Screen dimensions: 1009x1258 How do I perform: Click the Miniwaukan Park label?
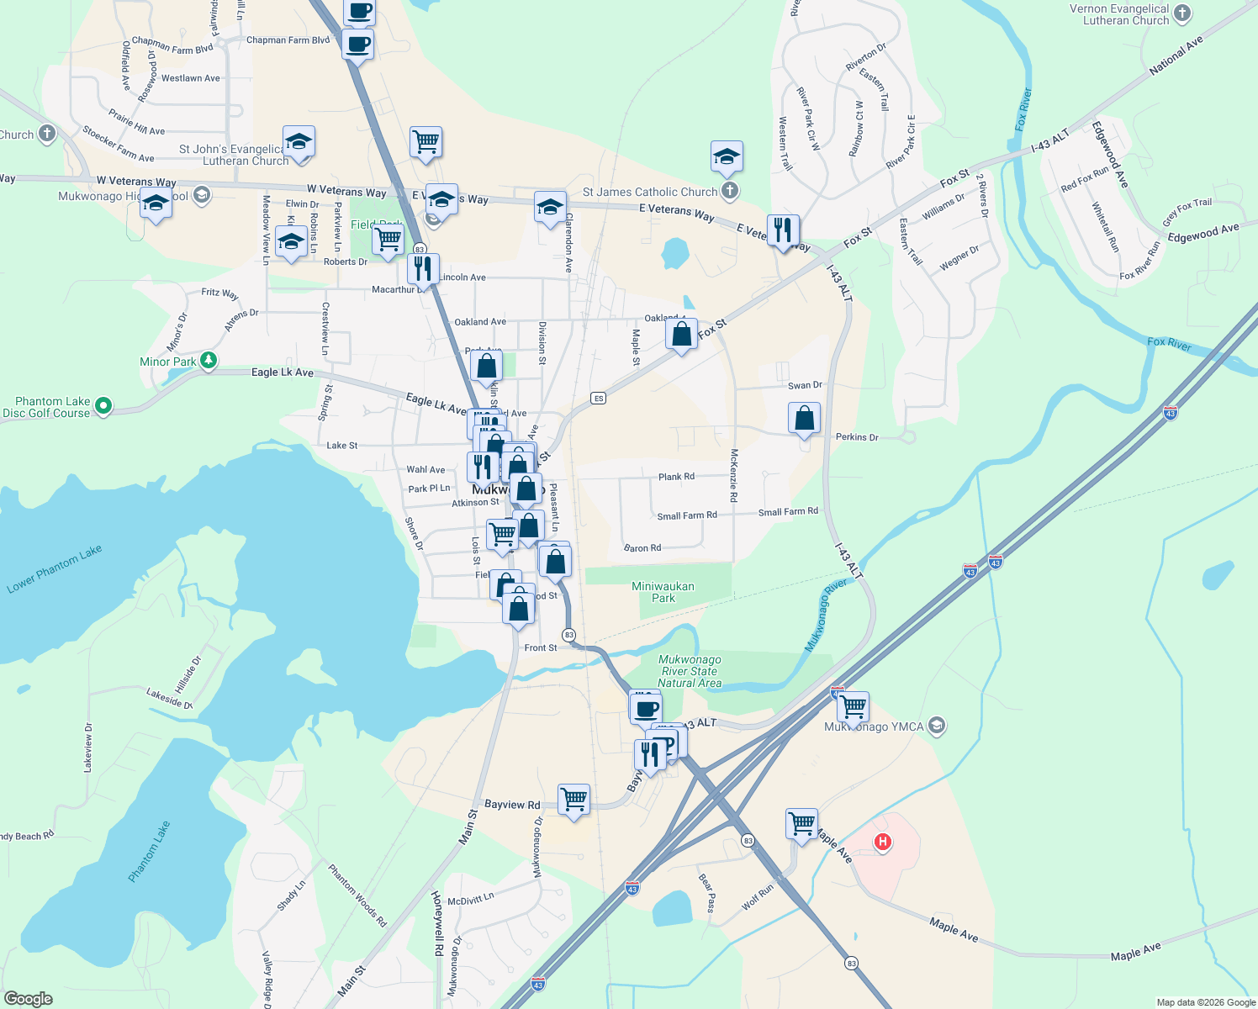pyautogui.click(x=663, y=592)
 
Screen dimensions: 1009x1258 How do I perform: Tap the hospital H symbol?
pyautogui.click(x=882, y=842)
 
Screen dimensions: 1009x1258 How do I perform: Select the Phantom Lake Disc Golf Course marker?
pyautogui.click(x=103, y=407)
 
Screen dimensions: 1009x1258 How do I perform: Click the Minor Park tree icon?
pyautogui.click(x=209, y=362)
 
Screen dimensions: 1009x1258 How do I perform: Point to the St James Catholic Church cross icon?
pyautogui.click(x=730, y=191)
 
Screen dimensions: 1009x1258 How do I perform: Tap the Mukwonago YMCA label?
pyautogui.click(x=874, y=726)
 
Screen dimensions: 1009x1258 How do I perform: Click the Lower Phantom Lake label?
pyautogui.click(x=55, y=569)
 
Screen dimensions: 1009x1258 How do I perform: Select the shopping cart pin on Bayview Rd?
pyautogui.click(x=573, y=799)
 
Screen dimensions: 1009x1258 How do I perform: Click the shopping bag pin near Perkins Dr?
pyautogui.click(x=804, y=418)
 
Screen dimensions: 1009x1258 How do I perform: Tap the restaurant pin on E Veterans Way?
pyautogui.click(x=782, y=230)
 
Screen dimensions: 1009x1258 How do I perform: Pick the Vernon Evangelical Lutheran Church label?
pyautogui.click(x=1119, y=14)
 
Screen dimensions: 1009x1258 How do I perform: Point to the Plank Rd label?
pyautogui.click(x=676, y=477)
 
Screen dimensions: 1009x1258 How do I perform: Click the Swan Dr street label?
pyautogui.click(x=805, y=385)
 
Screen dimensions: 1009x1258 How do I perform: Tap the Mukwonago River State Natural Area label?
pyautogui.click(x=690, y=671)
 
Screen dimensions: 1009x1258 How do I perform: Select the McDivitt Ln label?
pyautogui.click(x=470, y=899)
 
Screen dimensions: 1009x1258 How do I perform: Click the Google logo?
pyautogui.click(x=28, y=998)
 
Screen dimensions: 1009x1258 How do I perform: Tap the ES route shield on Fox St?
pyautogui.click(x=598, y=398)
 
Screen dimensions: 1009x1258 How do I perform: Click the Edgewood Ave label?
pyautogui.click(x=1202, y=233)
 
